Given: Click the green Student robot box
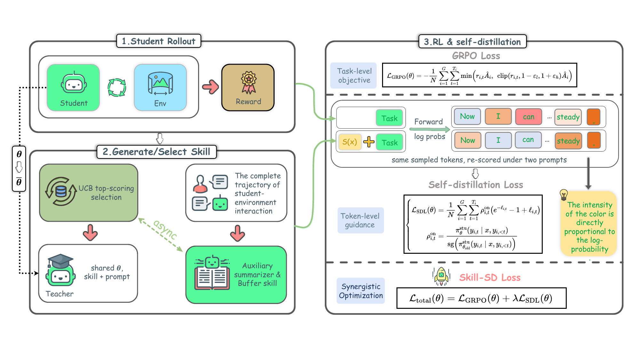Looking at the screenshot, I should (73, 87).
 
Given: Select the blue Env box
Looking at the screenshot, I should (160, 87).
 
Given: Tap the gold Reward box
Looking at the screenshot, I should (248, 87).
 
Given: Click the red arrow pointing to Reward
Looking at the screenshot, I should (210, 87).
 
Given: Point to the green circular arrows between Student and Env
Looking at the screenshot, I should (117, 87).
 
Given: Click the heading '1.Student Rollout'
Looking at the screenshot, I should (158, 41).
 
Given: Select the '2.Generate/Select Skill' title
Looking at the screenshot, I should (156, 152).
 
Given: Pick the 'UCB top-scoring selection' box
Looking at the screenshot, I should (89, 193).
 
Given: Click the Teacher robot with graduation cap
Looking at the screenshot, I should (60, 271).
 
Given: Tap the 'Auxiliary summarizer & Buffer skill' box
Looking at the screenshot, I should (236, 275).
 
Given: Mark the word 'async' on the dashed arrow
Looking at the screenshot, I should (165, 229).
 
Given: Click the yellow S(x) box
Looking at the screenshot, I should (349, 142).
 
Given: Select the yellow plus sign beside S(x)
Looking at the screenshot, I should (369, 142).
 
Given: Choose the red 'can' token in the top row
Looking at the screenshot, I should (529, 117).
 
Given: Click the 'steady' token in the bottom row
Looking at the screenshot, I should (568, 141).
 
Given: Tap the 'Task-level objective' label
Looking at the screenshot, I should (354, 76).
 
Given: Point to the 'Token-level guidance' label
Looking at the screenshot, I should (360, 220).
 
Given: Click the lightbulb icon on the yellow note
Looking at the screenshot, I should (564, 194).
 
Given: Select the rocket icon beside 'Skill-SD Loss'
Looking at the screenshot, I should (441, 276).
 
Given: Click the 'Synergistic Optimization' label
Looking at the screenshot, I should (361, 291).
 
